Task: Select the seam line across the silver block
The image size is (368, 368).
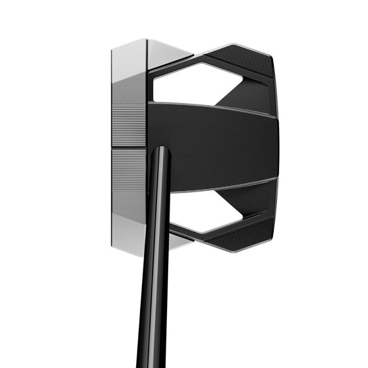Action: [x=129, y=148]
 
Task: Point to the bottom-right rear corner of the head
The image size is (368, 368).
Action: [x=273, y=237]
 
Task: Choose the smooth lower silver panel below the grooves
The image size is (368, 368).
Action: [x=129, y=210]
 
